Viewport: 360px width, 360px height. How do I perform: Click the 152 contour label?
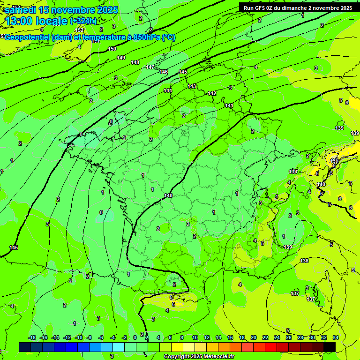80,30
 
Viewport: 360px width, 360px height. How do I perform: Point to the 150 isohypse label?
112,49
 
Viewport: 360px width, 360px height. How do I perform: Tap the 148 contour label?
135,62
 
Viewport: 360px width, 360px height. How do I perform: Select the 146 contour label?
164,72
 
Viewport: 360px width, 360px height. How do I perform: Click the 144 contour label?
168,90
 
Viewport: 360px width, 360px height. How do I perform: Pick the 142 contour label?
212,94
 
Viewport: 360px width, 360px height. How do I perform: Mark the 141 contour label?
229,105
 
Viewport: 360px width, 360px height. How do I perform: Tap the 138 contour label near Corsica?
304,261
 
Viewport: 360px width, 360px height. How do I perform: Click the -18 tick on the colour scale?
32,337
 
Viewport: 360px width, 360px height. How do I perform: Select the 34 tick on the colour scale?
336,337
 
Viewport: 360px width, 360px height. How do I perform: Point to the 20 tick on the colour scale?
253,337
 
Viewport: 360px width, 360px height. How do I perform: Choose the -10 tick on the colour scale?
79,337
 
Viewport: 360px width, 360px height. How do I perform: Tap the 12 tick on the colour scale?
207,337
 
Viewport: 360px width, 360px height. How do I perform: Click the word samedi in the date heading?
21,10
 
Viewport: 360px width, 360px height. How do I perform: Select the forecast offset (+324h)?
83,21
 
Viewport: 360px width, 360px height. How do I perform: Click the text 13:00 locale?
36,21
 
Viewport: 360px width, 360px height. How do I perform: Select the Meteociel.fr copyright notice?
199,357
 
